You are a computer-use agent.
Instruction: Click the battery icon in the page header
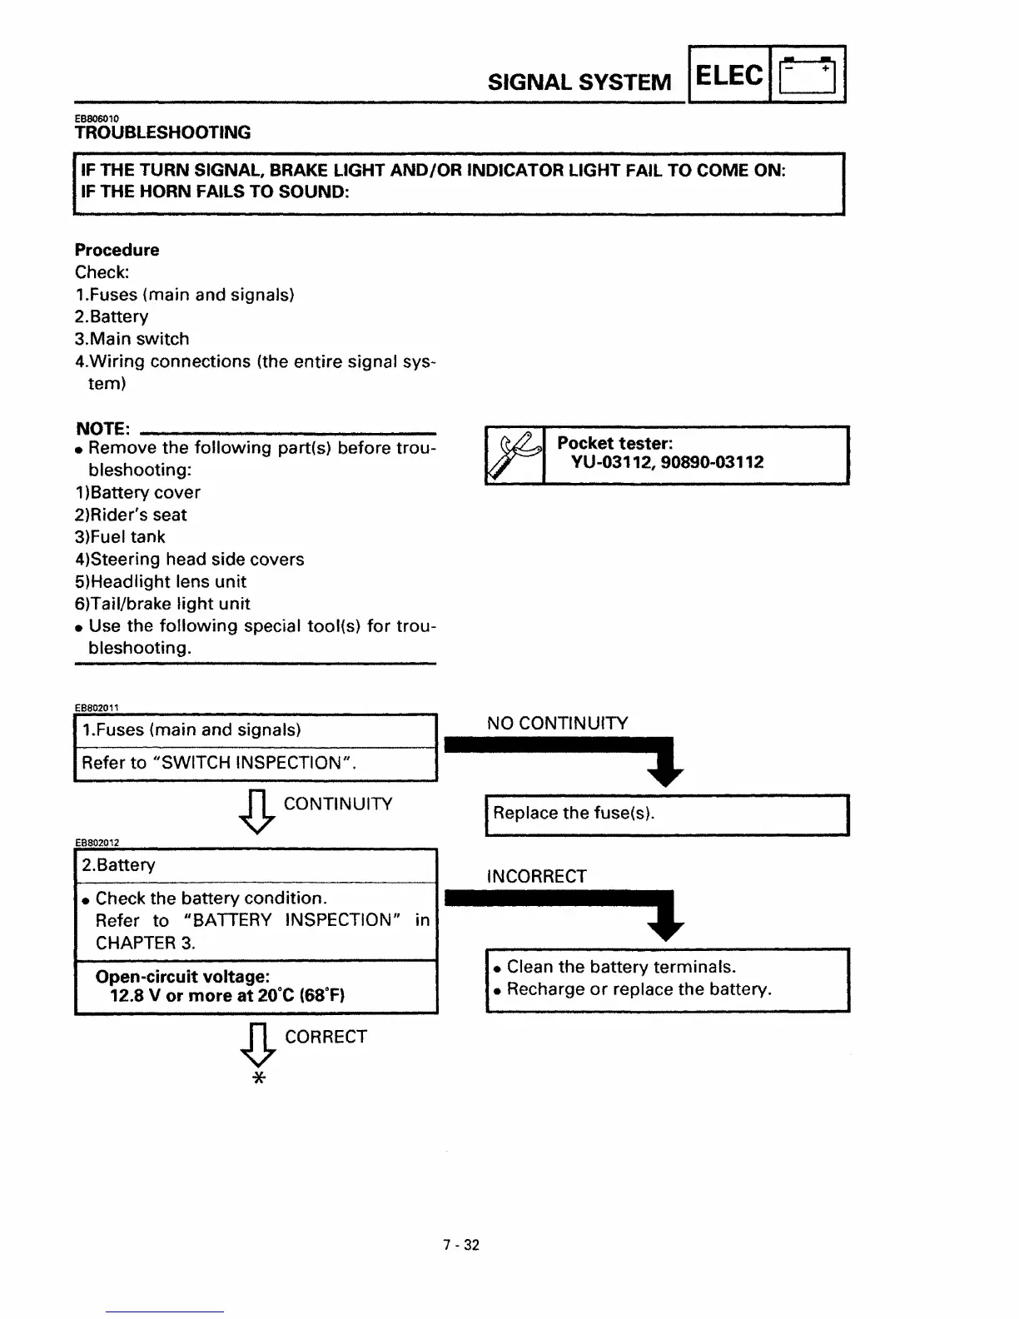808,75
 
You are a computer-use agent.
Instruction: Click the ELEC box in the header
729,76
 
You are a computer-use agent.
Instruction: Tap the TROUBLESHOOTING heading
162,132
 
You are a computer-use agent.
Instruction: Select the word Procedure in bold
117,250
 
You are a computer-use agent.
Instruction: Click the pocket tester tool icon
514,455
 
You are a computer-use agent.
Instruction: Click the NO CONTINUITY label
557,723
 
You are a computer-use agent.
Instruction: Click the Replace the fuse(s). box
666,814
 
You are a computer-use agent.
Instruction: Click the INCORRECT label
536,876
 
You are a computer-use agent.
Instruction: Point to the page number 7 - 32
461,1245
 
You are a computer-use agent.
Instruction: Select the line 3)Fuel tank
120,537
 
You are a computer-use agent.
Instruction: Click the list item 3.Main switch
132,339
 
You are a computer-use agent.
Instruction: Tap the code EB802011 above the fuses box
97,708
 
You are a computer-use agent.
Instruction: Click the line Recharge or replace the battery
639,989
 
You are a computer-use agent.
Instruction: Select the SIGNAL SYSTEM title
579,82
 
